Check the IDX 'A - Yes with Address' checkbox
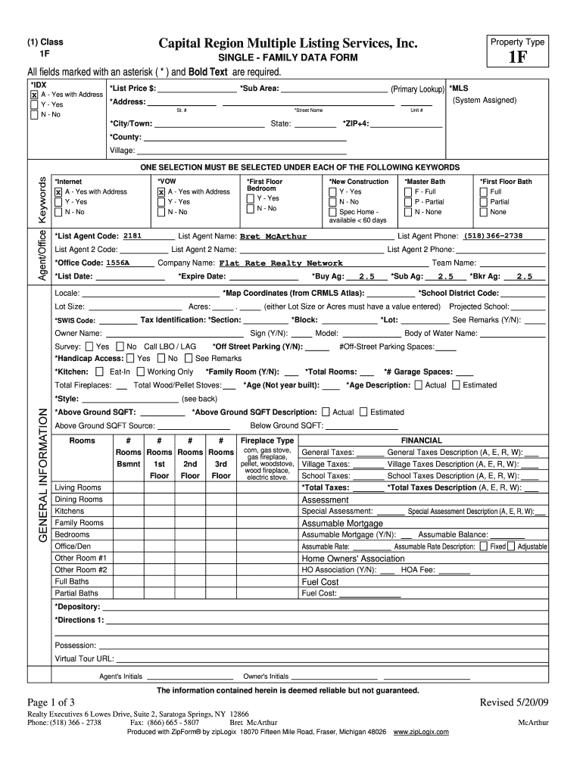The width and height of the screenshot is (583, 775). tap(33, 95)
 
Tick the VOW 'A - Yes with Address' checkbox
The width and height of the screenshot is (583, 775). tap(161, 192)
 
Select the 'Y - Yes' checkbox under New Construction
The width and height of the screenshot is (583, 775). tap(333, 192)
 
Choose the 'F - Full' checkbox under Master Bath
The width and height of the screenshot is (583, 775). tap(408, 192)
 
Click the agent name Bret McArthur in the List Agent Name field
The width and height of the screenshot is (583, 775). tap(273, 236)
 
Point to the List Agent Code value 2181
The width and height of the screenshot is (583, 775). tap(132, 235)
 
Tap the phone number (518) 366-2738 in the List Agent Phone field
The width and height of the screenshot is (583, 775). tap(494, 235)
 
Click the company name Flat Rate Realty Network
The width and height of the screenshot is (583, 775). tap(281, 263)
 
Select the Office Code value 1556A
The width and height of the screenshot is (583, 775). tap(118, 263)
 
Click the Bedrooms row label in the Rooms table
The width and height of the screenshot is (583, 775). tap(72, 534)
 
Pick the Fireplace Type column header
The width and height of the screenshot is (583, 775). tap(267, 440)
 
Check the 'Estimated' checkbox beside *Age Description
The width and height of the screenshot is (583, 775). tap(456, 384)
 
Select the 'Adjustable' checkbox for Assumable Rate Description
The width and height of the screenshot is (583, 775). tap(512, 546)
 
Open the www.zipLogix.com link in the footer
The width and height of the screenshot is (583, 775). tap(421, 732)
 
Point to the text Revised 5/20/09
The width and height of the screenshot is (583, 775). tap(514, 702)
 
